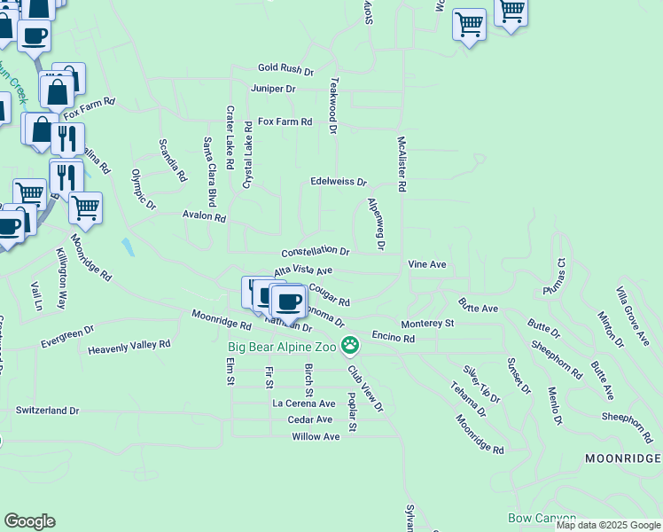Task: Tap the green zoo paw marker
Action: tap(352, 345)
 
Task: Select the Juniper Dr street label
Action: tap(273, 89)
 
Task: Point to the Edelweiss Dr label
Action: tap(339, 182)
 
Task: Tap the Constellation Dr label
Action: tap(316, 252)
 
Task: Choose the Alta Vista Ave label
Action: tap(303, 270)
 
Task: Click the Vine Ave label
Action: tap(426, 264)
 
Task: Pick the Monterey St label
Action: tap(427, 325)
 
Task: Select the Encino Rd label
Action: tap(394, 338)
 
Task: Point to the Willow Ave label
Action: tap(316, 436)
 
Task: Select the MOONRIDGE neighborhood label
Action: tap(622, 458)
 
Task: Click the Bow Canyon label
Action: tap(542, 518)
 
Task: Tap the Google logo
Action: tap(29, 520)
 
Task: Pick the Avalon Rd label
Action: tap(205, 216)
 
